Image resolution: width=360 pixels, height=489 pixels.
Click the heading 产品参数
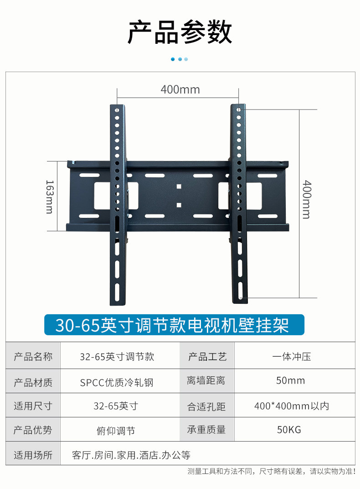tap(180, 32)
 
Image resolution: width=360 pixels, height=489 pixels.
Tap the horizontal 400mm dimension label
tap(180, 89)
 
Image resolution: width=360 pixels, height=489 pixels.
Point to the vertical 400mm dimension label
tap(306, 199)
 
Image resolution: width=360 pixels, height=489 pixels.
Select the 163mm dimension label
tap(49, 196)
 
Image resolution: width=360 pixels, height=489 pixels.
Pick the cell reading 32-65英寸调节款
tap(117, 357)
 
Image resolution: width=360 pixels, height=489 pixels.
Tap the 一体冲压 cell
tap(292, 357)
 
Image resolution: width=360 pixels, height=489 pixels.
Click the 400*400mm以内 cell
tap(292, 406)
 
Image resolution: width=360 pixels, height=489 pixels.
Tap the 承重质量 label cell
tap(206, 430)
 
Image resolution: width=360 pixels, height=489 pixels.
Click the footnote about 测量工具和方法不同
tap(272, 471)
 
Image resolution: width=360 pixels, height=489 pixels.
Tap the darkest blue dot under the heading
tap(173, 59)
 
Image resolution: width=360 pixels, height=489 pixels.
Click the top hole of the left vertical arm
tap(117, 110)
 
